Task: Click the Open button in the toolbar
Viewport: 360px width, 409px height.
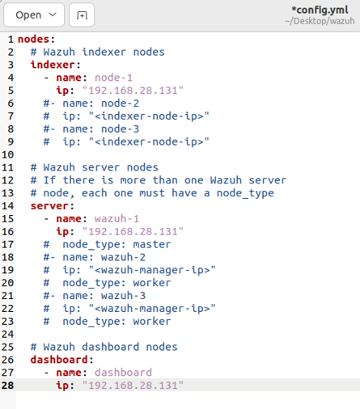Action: point(34,15)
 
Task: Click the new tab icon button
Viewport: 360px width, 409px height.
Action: point(82,15)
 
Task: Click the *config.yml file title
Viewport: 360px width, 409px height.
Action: point(320,10)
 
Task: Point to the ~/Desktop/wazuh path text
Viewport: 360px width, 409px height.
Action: point(320,21)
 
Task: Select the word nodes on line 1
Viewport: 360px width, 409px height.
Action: point(34,40)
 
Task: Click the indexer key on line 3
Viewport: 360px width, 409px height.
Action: point(53,65)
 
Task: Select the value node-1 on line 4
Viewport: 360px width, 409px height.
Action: point(113,78)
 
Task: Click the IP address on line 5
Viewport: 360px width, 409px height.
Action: point(133,91)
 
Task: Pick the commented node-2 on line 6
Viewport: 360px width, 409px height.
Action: point(120,103)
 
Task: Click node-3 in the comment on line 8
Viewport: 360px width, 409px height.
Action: point(120,129)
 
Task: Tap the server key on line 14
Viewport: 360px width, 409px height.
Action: point(49,206)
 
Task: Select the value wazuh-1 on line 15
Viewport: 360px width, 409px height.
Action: point(116,219)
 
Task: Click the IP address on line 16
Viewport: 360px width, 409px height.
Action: point(133,232)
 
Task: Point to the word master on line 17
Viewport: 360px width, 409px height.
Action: point(152,244)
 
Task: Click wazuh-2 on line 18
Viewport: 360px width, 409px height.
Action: point(123,257)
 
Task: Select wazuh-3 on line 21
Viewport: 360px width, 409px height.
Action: point(123,296)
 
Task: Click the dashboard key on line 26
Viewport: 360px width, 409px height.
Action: point(59,360)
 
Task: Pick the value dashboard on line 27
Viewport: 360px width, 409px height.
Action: point(123,373)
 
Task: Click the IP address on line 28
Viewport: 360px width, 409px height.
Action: point(133,386)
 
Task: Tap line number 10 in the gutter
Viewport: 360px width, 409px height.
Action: point(7,154)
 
